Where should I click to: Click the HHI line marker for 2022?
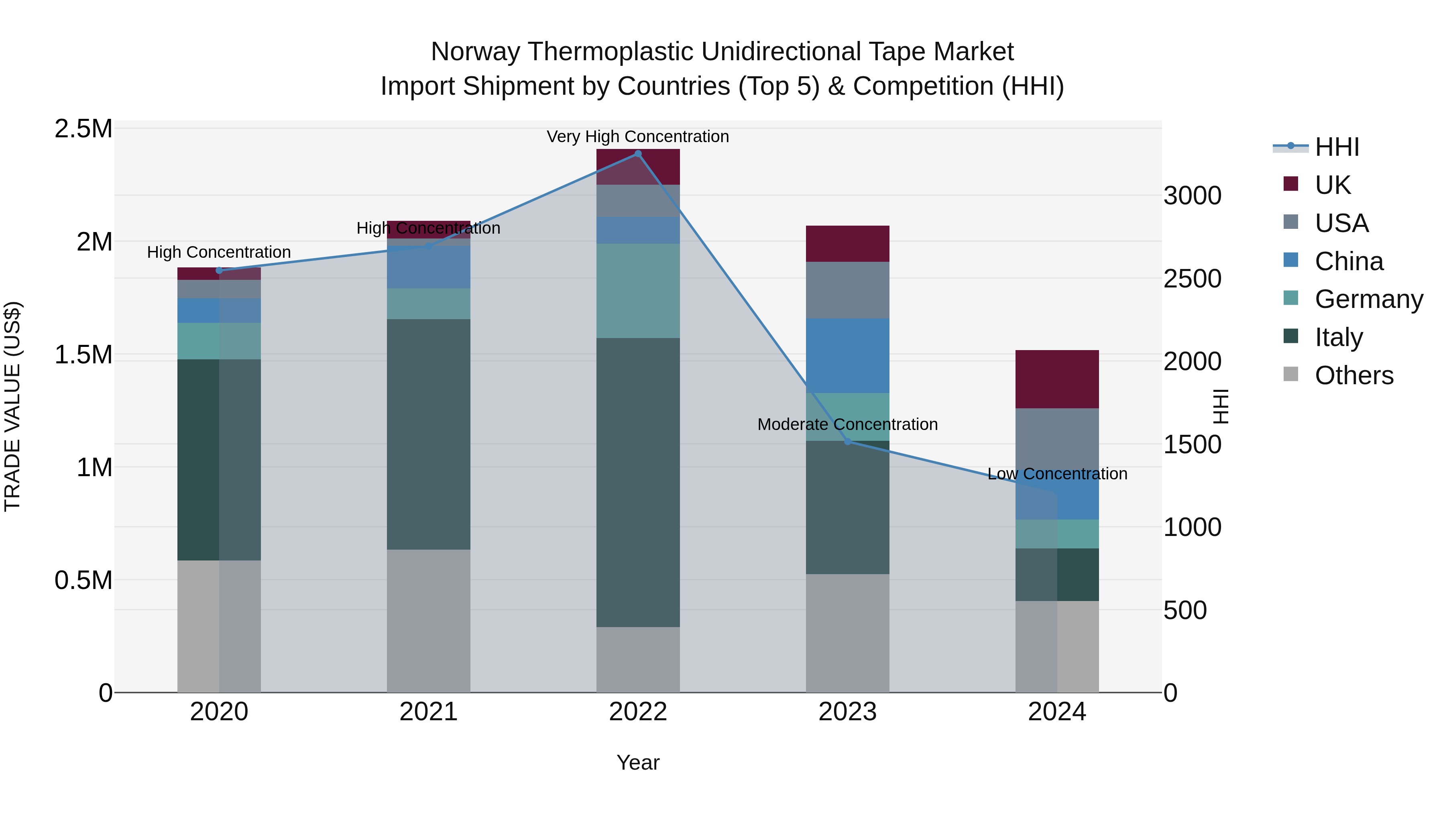pos(638,154)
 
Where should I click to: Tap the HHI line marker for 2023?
pos(848,442)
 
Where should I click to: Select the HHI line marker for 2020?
pos(219,271)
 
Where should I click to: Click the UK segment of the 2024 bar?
pos(1057,379)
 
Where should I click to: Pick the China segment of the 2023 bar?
pos(848,356)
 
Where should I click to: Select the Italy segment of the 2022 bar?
pos(638,483)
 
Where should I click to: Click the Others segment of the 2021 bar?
pos(429,621)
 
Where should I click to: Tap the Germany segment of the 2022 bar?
pos(638,291)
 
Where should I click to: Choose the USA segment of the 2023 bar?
pos(848,290)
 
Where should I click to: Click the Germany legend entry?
pos(1369,299)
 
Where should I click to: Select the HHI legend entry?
pos(1337,147)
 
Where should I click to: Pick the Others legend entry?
pos(1353,375)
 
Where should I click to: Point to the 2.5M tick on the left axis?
pos(83,129)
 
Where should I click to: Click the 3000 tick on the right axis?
pos(1192,196)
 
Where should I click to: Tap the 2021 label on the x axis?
pos(429,712)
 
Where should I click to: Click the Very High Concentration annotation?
pos(638,137)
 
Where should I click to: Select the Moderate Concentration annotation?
pos(848,424)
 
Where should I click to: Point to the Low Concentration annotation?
pos(1057,474)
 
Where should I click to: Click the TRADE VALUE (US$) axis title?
pos(12,406)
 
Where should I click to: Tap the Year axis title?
pos(638,762)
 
